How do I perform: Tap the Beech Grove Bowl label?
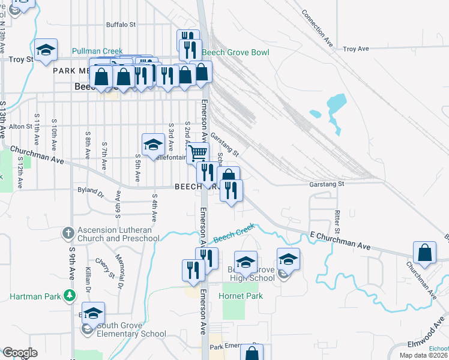tap(235, 53)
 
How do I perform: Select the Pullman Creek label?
tap(97, 52)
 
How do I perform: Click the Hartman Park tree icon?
tap(70, 295)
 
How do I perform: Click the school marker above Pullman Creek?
tap(46, 50)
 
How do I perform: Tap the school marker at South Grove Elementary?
tap(93, 313)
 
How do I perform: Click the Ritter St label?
tap(337, 222)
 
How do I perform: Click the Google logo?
tap(20, 353)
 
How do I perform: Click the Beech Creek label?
tap(234, 233)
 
